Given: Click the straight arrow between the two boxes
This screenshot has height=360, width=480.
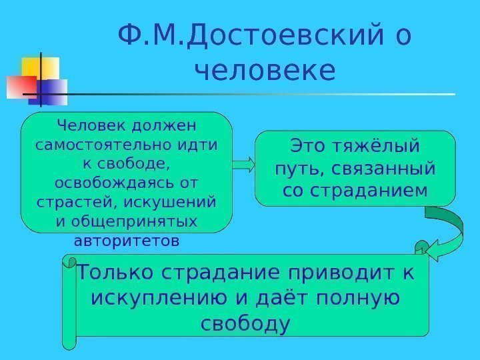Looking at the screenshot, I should click(243, 163).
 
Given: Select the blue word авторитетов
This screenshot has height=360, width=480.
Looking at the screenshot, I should click(127, 240).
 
